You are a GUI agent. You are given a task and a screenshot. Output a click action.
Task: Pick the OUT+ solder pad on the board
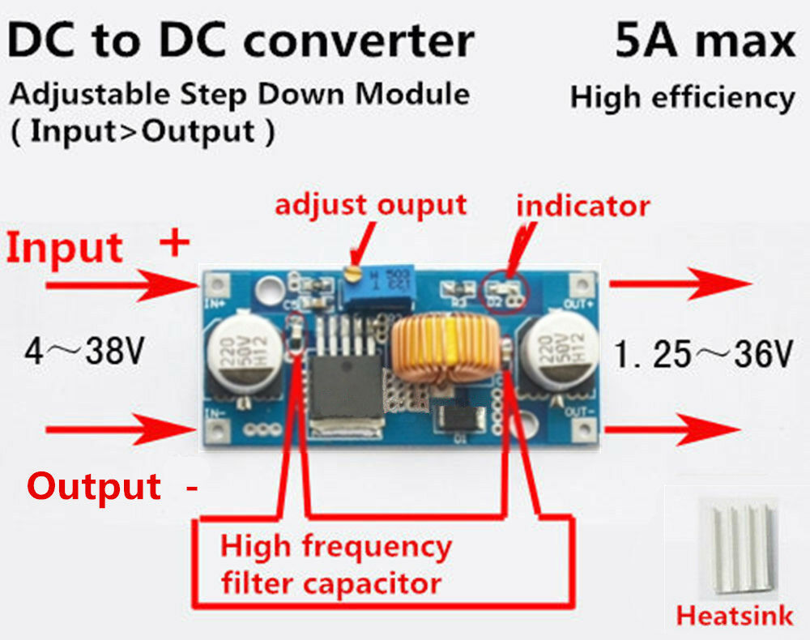click(580, 284)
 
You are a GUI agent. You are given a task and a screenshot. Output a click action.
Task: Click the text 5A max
click(704, 41)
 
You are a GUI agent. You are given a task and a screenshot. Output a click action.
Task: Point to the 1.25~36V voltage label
click(701, 355)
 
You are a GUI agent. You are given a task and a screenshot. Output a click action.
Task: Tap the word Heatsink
click(735, 616)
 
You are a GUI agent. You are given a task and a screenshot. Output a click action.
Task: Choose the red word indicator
click(582, 206)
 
